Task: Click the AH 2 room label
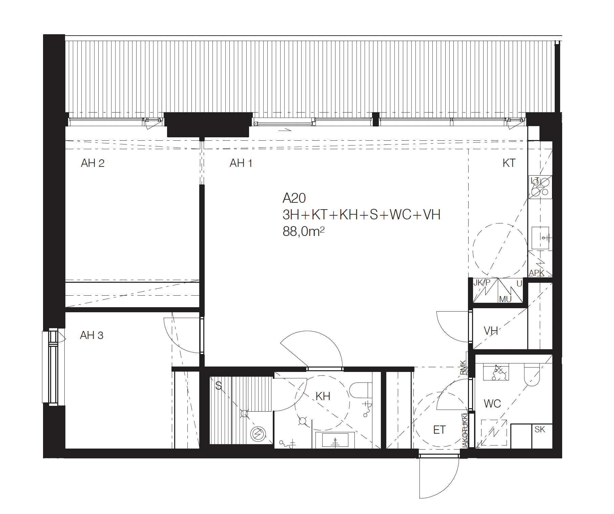point(93,163)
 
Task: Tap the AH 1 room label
point(241,163)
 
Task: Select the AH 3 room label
point(91,335)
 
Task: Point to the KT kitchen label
point(509,163)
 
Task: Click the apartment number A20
point(294,198)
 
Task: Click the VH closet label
point(491,331)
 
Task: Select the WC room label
point(492,403)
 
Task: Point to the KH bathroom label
point(323,396)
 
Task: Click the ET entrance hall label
point(439,430)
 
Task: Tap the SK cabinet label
point(540,430)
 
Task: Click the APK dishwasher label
point(536,273)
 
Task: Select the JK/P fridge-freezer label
point(482,283)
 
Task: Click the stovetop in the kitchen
point(540,187)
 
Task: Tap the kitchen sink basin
point(540,238)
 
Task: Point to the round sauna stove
point(259,433)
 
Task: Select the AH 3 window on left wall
point(54,367)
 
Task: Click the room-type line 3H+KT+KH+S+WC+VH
point(362,215)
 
